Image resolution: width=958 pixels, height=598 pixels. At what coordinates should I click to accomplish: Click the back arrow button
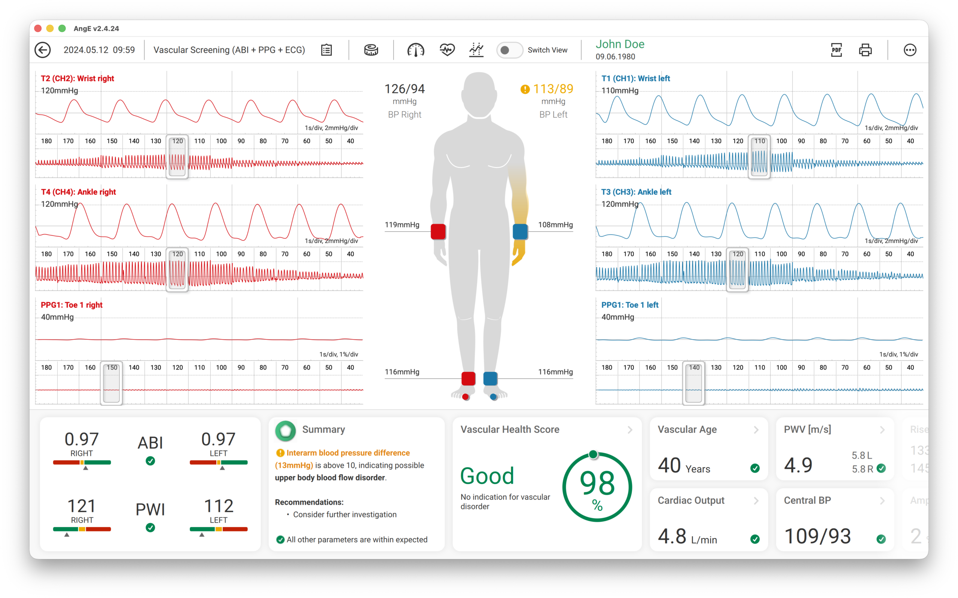tap(42, 50)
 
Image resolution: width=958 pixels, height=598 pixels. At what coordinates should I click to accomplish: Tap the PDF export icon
tap(836, 50)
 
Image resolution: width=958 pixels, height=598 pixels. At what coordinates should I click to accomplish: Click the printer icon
tap(865, 50)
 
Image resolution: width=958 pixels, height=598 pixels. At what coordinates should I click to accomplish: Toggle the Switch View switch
tap(509, 50)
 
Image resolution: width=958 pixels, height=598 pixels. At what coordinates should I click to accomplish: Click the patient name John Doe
tap(620, 44)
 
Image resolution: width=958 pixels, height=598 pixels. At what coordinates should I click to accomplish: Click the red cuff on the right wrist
tap(438, 232)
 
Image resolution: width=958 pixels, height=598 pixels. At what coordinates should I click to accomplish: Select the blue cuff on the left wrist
tap(520, 232)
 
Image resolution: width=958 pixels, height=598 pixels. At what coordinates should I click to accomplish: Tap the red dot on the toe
tap(466, 397)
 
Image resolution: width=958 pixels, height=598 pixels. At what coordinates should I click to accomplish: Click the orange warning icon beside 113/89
tap(525, 89)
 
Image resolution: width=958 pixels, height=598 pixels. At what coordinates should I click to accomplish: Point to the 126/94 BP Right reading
tap(405, 89)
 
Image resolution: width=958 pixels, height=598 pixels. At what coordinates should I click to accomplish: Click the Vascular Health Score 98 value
tap(597, 483)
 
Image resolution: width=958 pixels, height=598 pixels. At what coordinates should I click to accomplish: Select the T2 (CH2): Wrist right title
tap(77, 78)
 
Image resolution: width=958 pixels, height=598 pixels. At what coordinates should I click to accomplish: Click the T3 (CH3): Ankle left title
tap(636, 192)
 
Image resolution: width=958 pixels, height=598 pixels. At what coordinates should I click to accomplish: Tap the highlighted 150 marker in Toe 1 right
tap(112, 367)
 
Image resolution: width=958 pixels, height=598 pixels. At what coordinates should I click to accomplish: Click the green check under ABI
tap(150, 461)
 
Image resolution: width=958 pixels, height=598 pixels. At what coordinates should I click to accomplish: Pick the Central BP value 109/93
tap(817, 536)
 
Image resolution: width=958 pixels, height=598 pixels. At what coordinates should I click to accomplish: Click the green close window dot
tap(62, 28)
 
